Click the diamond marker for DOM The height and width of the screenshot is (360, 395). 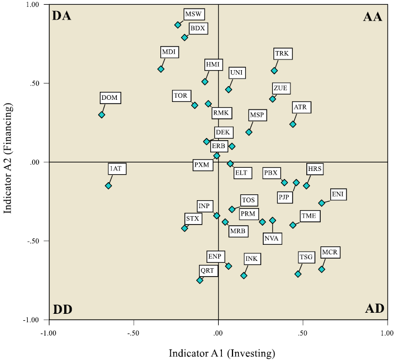(x=101, y=115)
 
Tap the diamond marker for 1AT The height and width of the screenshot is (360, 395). (x=108, y=186)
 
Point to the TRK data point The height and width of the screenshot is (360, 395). (x=274, y=71)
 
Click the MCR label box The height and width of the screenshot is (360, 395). (x=330, y=252)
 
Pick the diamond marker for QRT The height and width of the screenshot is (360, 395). (x=200, y=280)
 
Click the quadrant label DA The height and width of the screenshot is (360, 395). (x=62, y=16)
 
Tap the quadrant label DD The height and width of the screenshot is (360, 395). (x=62, y=309)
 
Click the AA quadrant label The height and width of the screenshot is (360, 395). (x=373, y=16)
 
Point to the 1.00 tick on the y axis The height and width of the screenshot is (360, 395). (x=33, y=5)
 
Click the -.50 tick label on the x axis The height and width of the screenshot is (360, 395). (x=133, y=333)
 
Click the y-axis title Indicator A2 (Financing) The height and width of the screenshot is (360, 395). (x=8, y=162)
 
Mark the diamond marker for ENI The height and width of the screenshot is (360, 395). (x=322, y=203)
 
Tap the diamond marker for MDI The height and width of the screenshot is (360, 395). (x=161, y=69)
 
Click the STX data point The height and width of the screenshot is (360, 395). (x=185, y=228)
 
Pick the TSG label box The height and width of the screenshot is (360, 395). (x=307, y=258)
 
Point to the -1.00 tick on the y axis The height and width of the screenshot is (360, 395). (x=32, y=320)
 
